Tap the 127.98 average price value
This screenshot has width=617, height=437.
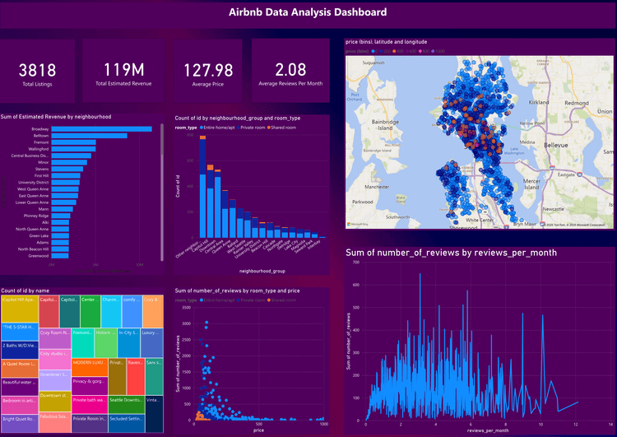pyautogui.click(x=207, y=70)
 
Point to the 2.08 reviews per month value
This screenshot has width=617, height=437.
pyautogui.click(x=290, y=70)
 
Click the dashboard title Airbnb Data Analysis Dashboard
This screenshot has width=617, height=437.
pyautogui.click(x=308, y=12)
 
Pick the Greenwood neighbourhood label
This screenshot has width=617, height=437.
pyautogui.click(x=37, y=255)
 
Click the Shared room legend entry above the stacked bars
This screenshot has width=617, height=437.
pyautogui.click(x=285, y=128)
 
